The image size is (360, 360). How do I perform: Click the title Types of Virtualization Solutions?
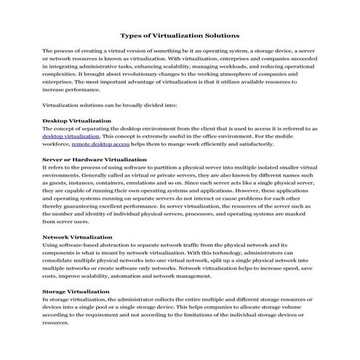point(179,34)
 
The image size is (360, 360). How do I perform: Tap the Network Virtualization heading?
point(77,236)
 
